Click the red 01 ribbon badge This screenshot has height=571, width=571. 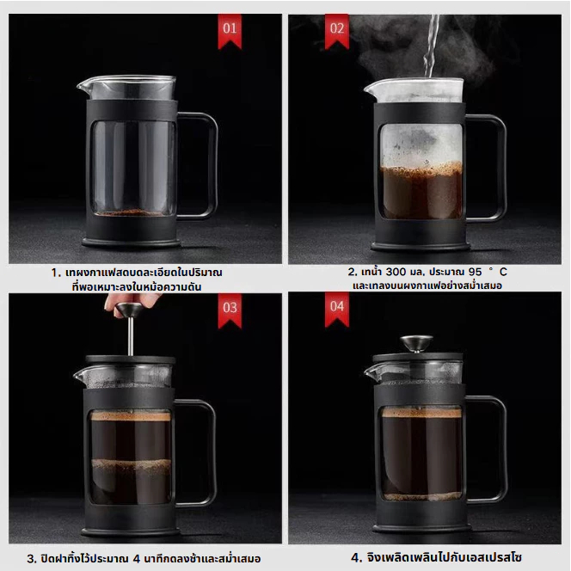click(x=230, y=31)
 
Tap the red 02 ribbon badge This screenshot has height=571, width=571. click(x=337, y=31)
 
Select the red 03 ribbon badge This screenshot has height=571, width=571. click(x=230, y=310)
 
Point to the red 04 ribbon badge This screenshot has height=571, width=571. click(x=337, y=309)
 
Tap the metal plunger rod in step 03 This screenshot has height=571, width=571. click(x=131, y=336)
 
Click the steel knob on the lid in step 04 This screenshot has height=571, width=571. click(x=416, y=343)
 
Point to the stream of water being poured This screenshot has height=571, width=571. click(x=432, y=46)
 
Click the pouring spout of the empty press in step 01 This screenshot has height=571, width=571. click(x=83, y=86)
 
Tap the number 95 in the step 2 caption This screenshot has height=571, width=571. click(x=475, y=272)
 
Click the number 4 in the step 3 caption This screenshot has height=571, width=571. click(x=137, y=559)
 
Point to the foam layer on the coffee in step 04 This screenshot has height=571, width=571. click(x=421, y=413)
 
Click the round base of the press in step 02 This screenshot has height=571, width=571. click(x=421, y=247)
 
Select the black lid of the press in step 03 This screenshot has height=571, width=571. click(x=131, y=359)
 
